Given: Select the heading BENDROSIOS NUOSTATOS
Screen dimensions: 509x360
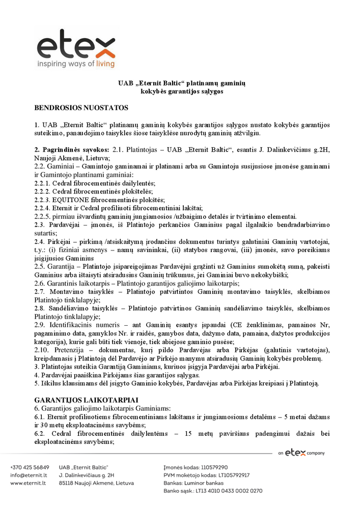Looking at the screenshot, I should [81, 108].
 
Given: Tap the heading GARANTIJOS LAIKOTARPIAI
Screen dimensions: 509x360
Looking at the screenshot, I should [86, 400].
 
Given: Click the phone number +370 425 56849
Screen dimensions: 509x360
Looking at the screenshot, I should [30, 467].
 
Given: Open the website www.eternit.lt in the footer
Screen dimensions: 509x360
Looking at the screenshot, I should [30, 483].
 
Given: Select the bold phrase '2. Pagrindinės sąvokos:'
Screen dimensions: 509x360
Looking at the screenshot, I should [72, 150].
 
